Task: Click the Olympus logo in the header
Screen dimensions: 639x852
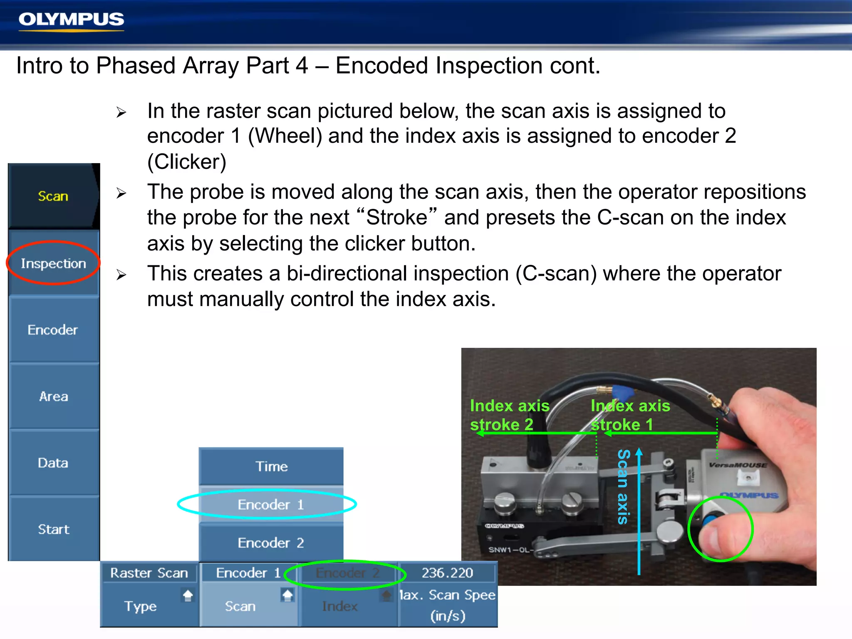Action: tap(71, 20)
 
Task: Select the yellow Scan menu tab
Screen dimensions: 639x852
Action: tap(53, 196)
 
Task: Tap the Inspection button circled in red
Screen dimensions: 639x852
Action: tap(53, 263)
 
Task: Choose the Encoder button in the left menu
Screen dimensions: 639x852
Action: tap(53, 330)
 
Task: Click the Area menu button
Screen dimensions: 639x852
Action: tap(53, 396)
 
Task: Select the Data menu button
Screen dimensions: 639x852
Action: tap(53, 463)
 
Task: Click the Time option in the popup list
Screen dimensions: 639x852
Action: tap(271, 466)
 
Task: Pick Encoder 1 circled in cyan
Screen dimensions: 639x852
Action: tap(271, 505)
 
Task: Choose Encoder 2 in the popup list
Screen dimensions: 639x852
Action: tap(271, 543)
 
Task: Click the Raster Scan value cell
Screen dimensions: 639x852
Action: tap(149, 573)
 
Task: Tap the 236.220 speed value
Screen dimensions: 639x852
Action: tap(447, 573)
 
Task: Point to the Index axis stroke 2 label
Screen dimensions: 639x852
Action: tap(509, 415)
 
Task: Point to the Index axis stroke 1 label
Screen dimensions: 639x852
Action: tap(630, 415)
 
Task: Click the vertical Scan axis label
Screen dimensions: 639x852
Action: tap(623, 487)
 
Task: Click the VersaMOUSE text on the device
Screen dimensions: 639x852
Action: tap(738, 465)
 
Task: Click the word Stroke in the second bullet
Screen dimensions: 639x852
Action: tap(396, 218)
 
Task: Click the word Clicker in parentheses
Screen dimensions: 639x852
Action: tap(187, 162)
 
